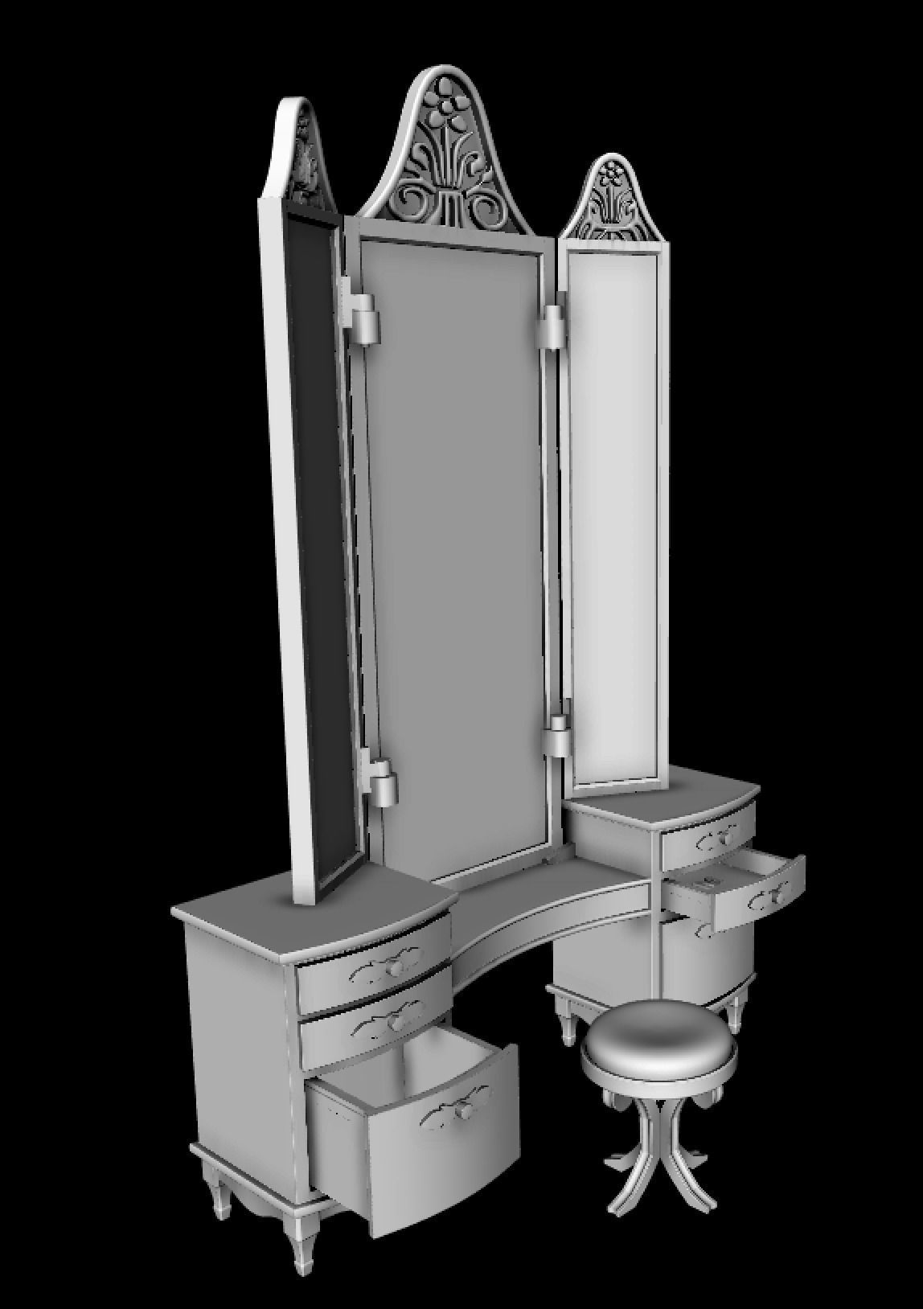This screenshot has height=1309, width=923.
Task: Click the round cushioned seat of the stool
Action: pos(658,1042)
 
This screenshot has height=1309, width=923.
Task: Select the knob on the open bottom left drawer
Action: pos(463,1111)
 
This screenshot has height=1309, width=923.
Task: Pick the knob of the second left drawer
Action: pos(396,1023)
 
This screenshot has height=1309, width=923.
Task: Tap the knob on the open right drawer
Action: pos(777,895)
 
